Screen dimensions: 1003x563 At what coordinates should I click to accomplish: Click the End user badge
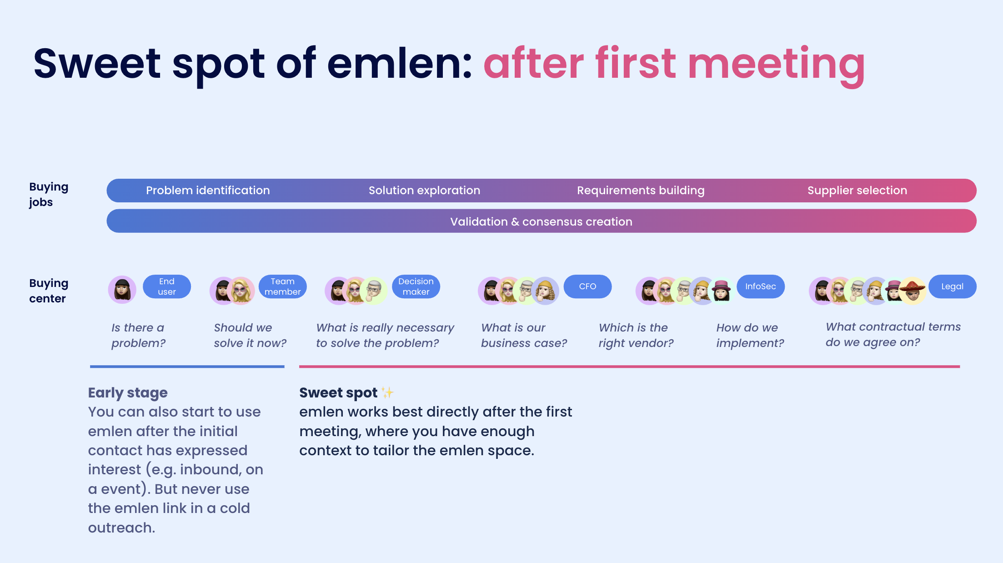point(167,287)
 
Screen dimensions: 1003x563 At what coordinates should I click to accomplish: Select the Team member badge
point(283,287)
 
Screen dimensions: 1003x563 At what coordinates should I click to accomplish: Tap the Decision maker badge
point(416,287)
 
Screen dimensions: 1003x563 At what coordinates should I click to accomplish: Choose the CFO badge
point(587,287)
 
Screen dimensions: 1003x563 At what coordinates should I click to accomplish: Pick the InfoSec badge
point(761,287)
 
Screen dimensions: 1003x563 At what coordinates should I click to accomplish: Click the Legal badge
point(953,287)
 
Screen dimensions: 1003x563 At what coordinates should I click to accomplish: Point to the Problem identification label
point(208,191)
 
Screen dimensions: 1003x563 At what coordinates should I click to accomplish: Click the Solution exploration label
point(424,191)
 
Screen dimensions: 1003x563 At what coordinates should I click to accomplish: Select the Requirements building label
point(641,191)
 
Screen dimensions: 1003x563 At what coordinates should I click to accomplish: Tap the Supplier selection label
point(857,191)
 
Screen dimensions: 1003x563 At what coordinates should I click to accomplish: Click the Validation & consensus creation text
point(541,221)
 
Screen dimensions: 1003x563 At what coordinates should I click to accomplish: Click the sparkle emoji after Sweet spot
point(387,392)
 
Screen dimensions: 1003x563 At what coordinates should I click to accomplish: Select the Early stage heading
point(128,393)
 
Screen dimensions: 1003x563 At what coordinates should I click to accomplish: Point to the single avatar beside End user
point(122,290)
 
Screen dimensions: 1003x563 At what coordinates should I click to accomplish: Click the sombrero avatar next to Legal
point(913,291)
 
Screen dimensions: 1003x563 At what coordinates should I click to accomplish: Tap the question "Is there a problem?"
point(138,335)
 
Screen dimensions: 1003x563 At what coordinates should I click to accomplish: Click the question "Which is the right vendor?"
point(636,335)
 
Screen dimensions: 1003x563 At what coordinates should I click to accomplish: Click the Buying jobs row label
point(49,195)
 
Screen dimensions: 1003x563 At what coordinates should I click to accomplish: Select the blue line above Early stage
point(187,366)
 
